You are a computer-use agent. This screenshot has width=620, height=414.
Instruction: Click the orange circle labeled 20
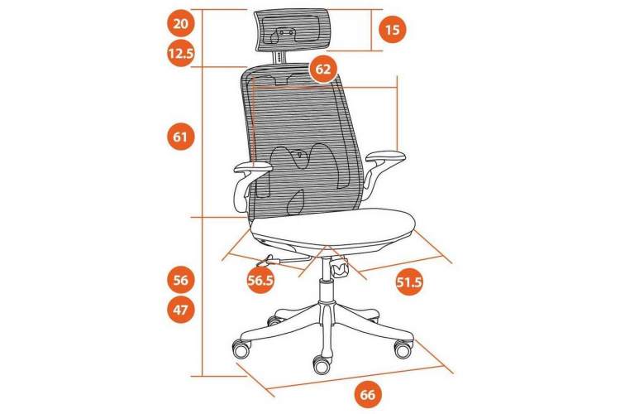(181, 24)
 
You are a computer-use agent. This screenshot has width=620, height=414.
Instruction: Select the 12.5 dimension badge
(181, 53)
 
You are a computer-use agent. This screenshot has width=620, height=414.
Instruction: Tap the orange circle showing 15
(392, 29)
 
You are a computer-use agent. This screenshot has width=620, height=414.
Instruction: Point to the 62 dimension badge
(323, 70)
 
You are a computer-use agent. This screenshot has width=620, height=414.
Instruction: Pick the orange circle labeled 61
(180, 137)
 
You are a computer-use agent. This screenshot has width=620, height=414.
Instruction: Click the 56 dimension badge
(181, 280)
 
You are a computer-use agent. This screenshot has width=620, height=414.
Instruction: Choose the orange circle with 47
(181, 309)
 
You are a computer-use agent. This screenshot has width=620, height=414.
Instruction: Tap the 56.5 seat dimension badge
(260, 280)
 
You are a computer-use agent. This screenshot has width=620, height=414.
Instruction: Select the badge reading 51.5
(409, 282)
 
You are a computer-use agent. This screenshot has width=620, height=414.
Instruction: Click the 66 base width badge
(367, 395)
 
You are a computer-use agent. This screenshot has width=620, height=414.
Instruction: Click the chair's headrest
(293, 31)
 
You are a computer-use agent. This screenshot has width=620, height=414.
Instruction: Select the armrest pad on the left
(253, 167)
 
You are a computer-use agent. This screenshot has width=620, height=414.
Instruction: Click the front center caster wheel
(322, 364)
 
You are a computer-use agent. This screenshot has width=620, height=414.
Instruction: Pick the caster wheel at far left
(241, 349)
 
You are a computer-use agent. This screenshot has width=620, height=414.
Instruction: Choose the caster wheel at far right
(403, 349)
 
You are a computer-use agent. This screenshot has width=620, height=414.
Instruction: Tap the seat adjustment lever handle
(266, 261)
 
